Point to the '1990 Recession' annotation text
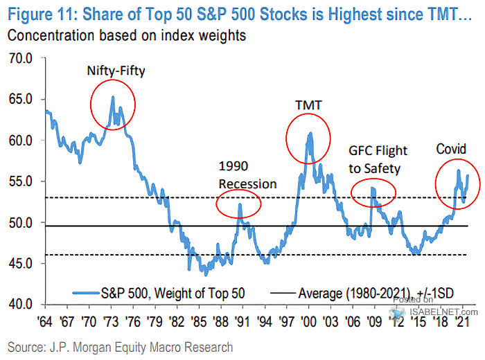(247, 176)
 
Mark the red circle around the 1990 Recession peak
(239, 204)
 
